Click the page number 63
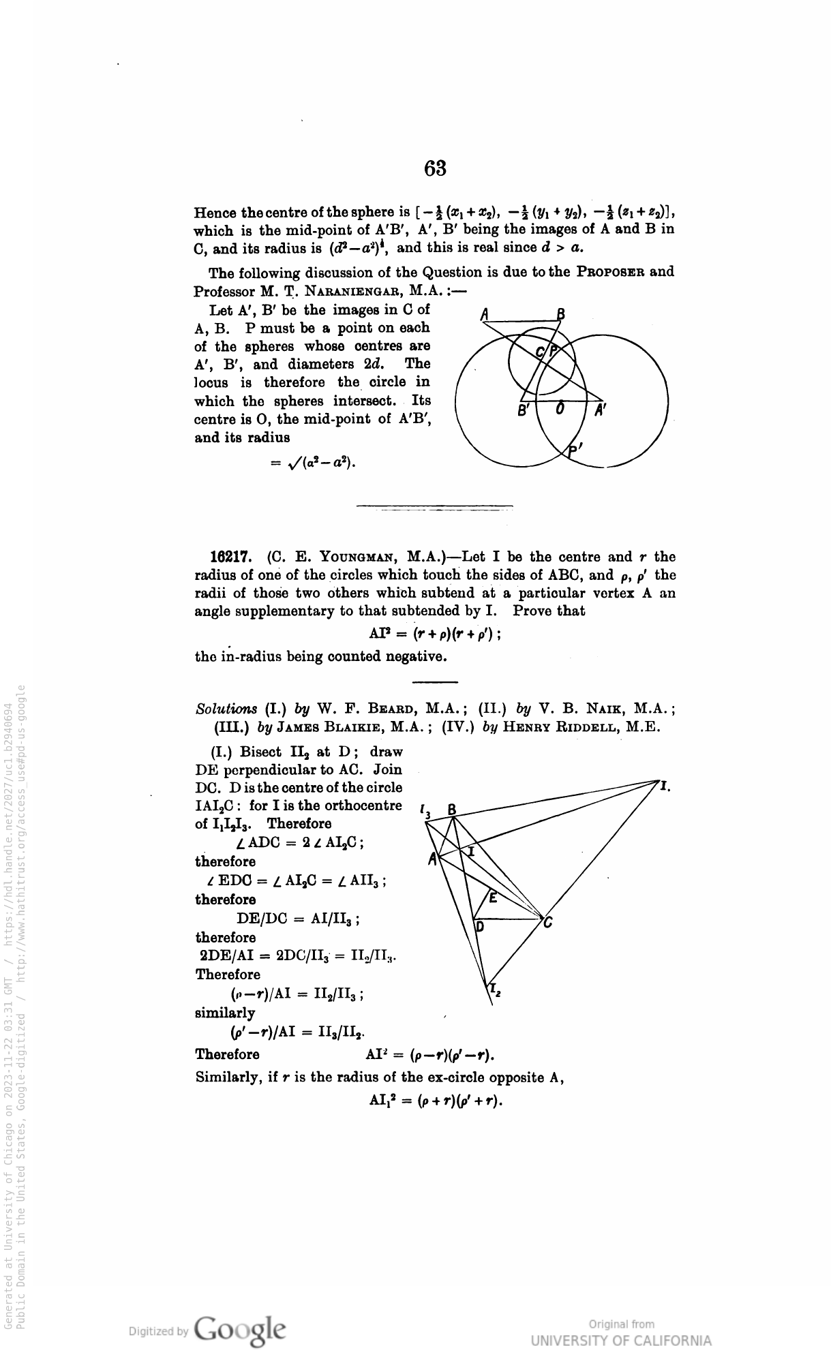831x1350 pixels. [435, 168]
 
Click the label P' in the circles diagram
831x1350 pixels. [576, 450]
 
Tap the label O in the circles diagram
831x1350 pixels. [560, 409]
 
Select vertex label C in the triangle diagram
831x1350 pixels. [547, 923]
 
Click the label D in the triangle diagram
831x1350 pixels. [479, 927]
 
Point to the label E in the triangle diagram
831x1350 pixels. [494, 897]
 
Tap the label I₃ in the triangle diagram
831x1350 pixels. [426, 811]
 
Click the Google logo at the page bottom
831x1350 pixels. [239, 1330]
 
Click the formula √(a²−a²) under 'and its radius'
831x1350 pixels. [314, 463]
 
